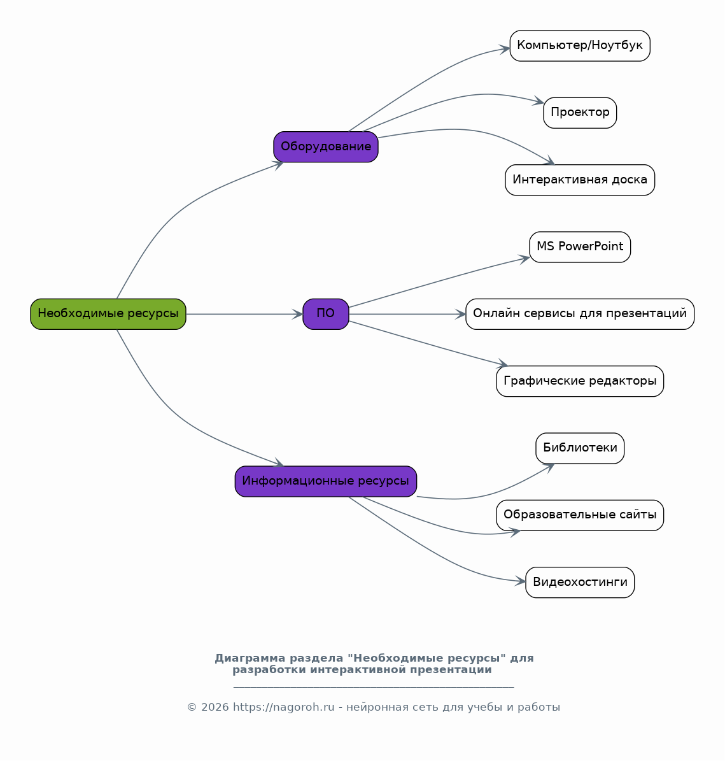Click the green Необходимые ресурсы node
pos(108,314)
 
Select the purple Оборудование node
pos(326,146)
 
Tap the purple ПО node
pos(326,314)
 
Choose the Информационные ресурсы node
pos(326,481)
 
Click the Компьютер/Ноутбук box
pos(580,46)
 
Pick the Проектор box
pos(580,113)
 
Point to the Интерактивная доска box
pos(580,180)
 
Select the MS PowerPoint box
pos(580,247)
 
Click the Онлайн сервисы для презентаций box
pos(580,314)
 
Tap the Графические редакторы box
pos(580,381)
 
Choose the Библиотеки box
pos(580,448)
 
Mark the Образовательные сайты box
pos(580,515)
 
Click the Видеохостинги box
pos(580,583)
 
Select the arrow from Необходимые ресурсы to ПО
pos(244,314)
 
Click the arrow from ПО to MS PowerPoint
pos(439,281)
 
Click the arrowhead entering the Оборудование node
pos(279,164)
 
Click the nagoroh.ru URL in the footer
pos(284,707)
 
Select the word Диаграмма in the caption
pos(250,658)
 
